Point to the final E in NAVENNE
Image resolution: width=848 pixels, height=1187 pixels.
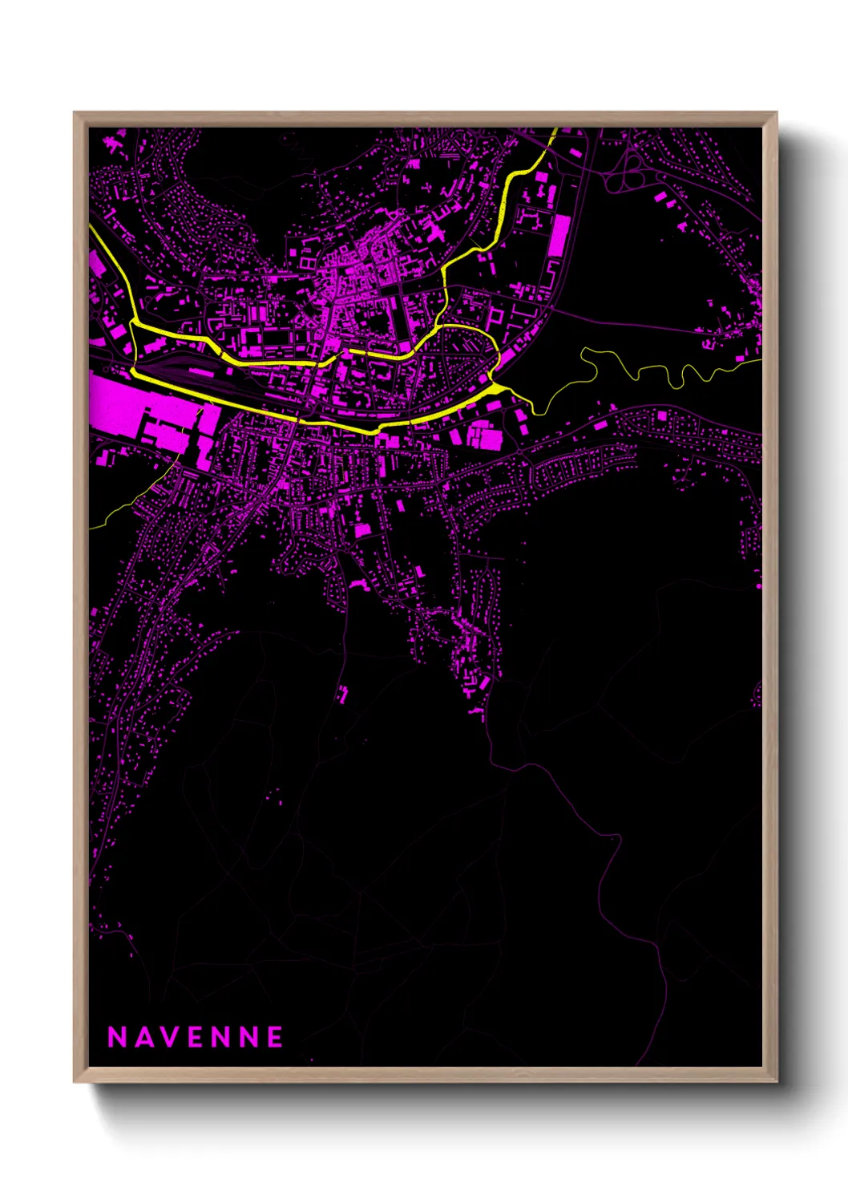275,1037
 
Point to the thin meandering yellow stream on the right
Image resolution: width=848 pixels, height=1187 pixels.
657,370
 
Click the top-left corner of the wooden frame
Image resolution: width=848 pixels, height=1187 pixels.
75,113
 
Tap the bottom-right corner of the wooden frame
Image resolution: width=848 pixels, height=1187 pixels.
776,1081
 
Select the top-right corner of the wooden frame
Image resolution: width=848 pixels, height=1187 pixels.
776,113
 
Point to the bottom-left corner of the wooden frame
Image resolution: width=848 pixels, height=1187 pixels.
75,1081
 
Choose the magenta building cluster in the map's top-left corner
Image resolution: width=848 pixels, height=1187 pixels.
112,144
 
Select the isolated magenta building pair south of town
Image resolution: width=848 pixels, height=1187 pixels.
343,694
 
